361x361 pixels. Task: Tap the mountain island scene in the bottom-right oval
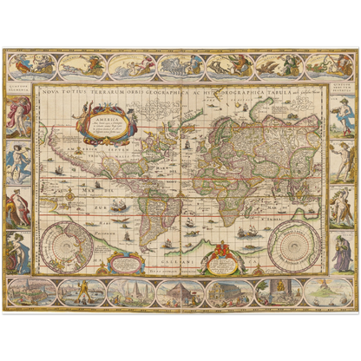click(328, 292)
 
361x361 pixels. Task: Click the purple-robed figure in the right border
click(341, 252)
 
